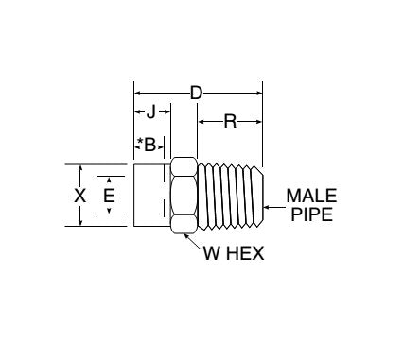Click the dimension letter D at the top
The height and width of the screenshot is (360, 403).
(x=197, y=93)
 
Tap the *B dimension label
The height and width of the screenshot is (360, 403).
(x=148, y=144)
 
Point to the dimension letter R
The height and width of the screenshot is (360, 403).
(x=229, y=120)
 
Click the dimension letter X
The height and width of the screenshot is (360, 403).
(x=80, y=196)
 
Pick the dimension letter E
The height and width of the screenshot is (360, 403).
(x=110, y=196)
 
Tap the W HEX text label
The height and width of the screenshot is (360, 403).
(x=233, y=252)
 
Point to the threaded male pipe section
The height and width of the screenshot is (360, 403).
(x=232, y=196)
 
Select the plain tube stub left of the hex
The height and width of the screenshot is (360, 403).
(x=151, y=196)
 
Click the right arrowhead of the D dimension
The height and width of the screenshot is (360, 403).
(x=257, y=93)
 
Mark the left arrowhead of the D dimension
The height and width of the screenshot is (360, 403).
(x=138, y=93)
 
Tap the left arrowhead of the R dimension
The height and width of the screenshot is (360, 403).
(x=201, y=120)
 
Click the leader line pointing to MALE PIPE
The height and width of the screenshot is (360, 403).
(x=275, y=204)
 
